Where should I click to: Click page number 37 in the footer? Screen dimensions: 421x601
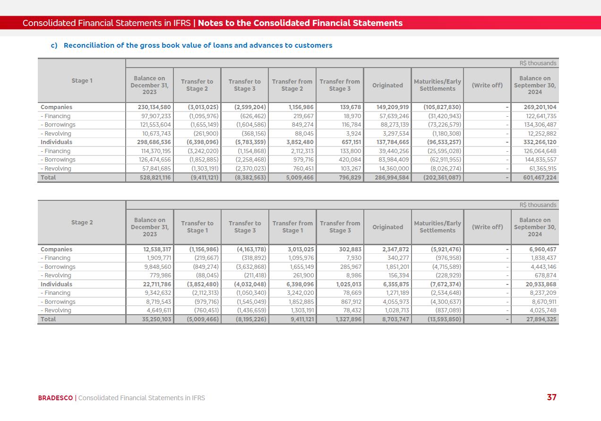(x=551, y=397)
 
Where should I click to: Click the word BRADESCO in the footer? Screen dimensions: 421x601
(x=55, y=398)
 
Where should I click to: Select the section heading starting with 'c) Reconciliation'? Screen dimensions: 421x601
(x=191, y=45)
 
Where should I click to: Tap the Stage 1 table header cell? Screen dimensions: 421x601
(x=82, y=81)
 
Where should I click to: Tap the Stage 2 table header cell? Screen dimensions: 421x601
(x=82, y=223)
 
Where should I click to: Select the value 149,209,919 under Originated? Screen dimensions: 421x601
(x=390, y=107)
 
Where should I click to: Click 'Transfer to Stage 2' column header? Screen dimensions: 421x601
(x=197, y=85)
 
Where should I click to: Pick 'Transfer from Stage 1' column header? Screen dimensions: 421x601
(x=292, y=227)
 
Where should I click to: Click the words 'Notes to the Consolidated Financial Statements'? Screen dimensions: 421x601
(x=300, y=23)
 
